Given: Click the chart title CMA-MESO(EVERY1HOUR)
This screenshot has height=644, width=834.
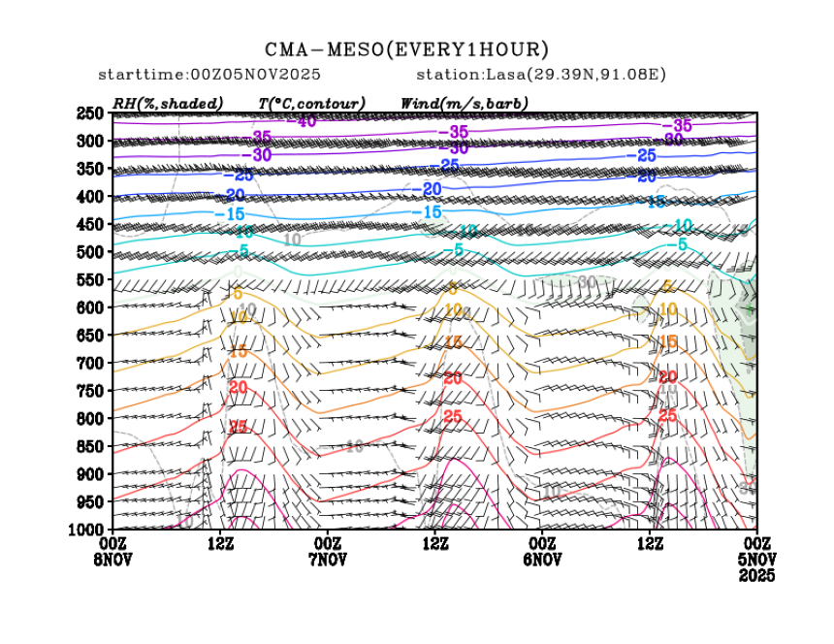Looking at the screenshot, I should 407,49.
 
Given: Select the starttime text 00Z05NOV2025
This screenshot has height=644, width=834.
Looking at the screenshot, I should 209,75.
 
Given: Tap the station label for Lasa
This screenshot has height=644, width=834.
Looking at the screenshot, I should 541,75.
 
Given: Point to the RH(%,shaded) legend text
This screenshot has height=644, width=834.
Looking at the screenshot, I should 168,103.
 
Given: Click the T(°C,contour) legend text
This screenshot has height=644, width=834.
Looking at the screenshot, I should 311,103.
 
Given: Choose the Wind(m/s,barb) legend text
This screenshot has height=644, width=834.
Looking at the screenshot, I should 465,103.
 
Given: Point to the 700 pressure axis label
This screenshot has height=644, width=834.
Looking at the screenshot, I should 90,363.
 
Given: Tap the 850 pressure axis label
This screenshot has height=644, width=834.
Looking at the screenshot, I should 90,446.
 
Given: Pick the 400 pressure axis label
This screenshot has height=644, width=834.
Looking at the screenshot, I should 90,197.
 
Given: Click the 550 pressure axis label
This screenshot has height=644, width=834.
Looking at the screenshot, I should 90,279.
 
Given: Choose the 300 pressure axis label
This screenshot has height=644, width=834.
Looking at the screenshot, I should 90,142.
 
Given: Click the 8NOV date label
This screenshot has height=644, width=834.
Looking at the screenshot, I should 113,560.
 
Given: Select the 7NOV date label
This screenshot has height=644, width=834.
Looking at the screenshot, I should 328,560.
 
